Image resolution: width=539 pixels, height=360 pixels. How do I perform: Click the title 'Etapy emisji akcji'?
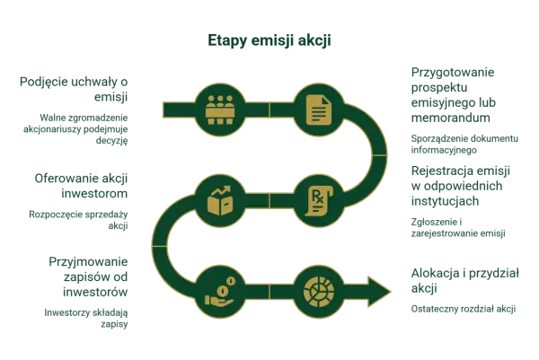point(269,40)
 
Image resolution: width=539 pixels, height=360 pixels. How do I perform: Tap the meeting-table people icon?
point(220,110)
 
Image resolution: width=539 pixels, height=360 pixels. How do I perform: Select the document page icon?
point(319,110)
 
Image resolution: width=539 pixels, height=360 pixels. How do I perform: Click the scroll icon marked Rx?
point(319,201)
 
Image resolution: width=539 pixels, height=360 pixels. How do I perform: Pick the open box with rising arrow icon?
point(220,201)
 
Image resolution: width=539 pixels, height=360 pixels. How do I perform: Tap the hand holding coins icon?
point(220,292)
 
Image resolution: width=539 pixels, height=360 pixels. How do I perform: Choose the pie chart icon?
point(319,292)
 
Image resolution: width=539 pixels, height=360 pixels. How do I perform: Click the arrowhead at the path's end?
point(379,292)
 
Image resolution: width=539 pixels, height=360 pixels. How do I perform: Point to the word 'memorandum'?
point(451,118)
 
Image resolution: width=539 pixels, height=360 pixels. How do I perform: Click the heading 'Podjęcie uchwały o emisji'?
point(74,89)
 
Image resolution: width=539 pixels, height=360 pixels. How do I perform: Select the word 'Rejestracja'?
point(440,171)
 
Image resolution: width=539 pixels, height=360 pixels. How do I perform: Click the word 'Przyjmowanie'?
point(88,262)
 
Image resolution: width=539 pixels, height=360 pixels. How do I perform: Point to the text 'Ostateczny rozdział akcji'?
point(464,309)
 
